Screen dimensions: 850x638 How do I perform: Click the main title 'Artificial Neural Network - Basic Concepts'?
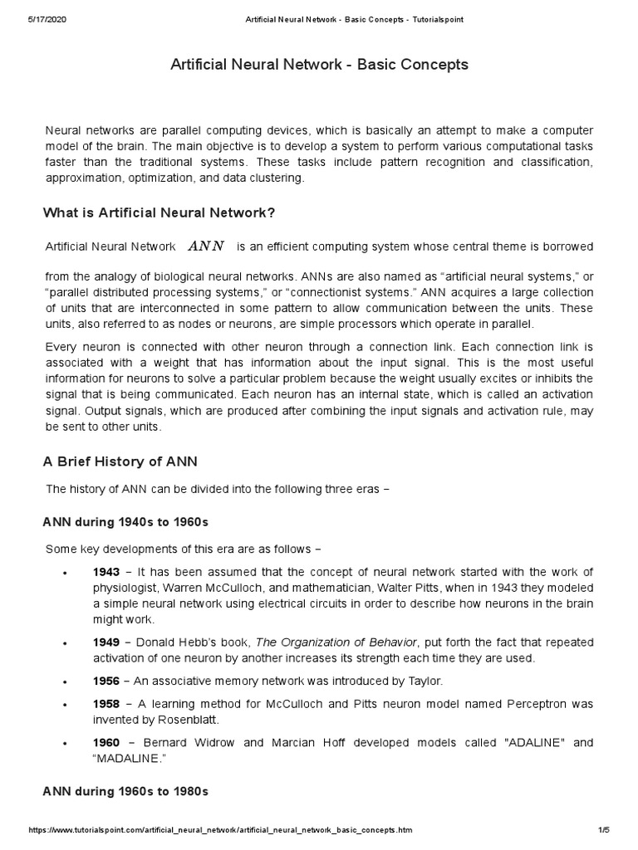coord(319,64)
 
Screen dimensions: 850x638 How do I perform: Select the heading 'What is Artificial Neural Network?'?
coord(159,213)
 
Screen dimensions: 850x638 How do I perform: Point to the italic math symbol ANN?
coord(206,246)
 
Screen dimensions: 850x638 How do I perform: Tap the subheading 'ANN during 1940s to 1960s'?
coord(125,522)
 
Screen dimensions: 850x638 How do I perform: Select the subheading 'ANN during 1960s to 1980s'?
coord(125,791)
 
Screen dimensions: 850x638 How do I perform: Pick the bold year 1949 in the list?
coord(106,642)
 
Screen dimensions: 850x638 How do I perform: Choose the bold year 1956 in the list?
coord(106,681)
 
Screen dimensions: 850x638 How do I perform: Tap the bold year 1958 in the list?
coord(106,704)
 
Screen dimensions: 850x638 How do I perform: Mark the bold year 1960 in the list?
coord(106,741)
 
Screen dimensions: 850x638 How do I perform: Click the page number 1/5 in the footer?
coord(603,830)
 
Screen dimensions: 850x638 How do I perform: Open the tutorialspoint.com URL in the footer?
coord(219,830)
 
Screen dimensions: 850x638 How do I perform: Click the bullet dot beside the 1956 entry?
coord(65,681)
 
